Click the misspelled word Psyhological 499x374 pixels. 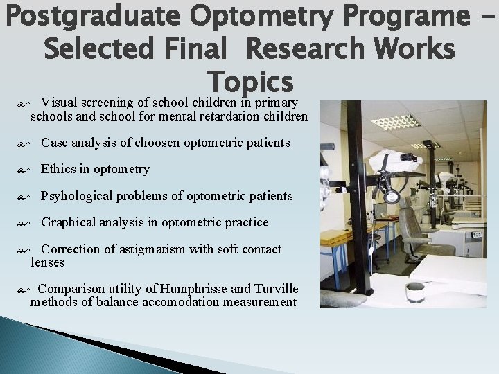[76, 196]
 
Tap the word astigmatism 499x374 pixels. [151, 249]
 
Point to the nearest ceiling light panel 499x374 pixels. [394, 122]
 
